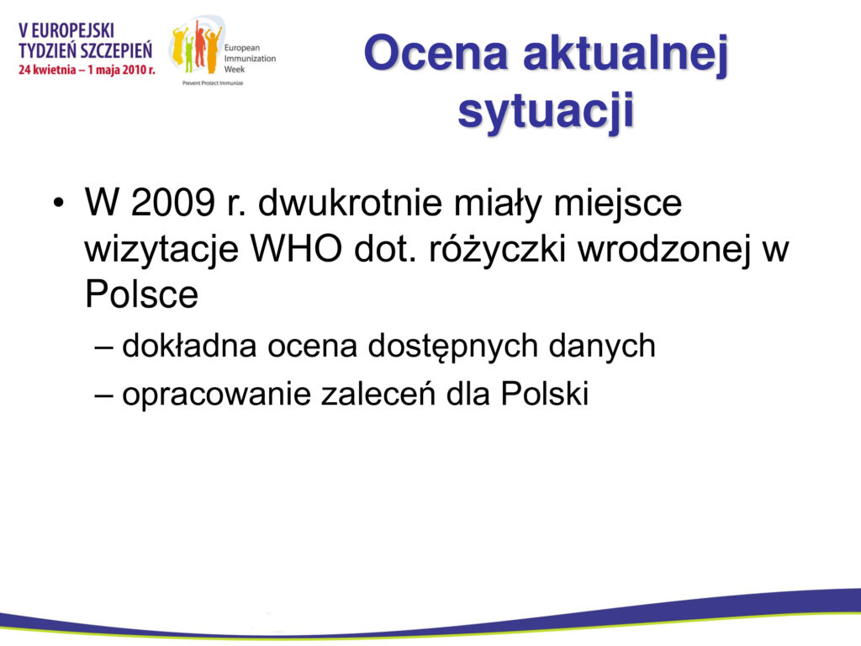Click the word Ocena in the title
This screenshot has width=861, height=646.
coord(436,53)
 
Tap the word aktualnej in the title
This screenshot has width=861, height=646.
coord(626,53)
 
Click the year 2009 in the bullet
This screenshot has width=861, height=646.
coord(172,202)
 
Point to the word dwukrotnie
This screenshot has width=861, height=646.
coord(350,202)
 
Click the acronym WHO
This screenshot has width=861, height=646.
coord(296,249)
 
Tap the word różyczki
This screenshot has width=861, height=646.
coord(498,250)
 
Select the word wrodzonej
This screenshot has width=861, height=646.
coord(664,251)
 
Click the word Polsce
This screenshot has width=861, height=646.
coord(141,294)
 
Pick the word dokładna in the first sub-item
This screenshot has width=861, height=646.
coord(189,346)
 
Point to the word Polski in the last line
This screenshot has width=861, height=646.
coord(545,394)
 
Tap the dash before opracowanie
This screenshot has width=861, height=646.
coord(103,395)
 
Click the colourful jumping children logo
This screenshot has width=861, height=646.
coord(196,48)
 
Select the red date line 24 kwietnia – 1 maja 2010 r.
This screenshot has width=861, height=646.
coord(87,71)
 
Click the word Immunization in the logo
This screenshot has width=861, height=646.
coord(250,58)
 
